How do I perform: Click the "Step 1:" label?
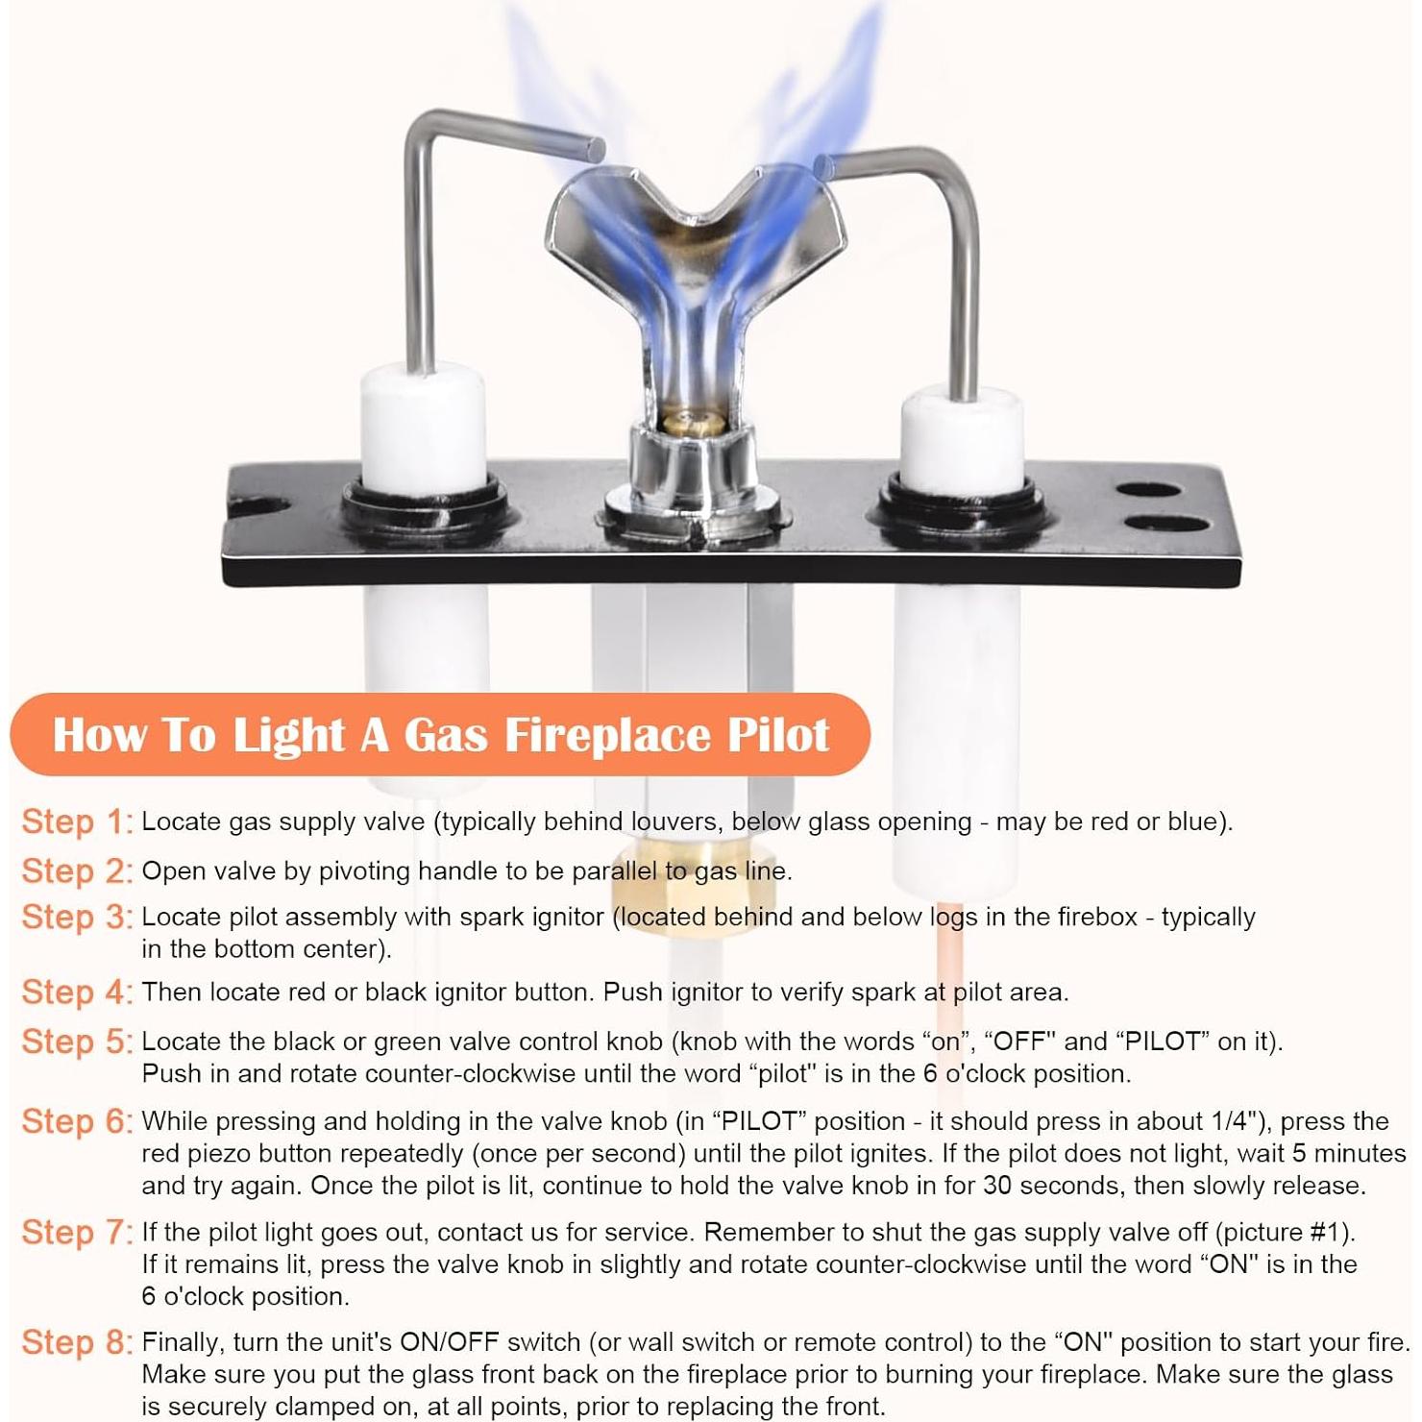click(x=77, y=822)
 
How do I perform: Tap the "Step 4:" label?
click(x=77, y=993)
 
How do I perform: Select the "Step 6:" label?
click(x=77, y=1122)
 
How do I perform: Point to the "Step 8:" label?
click(x=77, y=1343)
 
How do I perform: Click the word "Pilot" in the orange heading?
click(x=778, y=735)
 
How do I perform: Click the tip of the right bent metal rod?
click(x=822, y=166)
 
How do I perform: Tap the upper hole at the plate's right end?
click(x=1150, y=491)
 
